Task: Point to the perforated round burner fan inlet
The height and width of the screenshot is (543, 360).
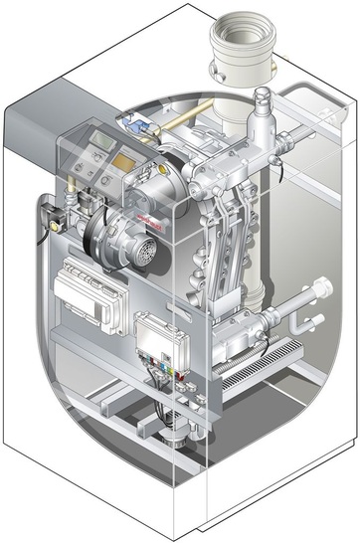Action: (x=144, y=250)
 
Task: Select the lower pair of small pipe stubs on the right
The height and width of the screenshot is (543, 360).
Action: (x=312, y=321)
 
